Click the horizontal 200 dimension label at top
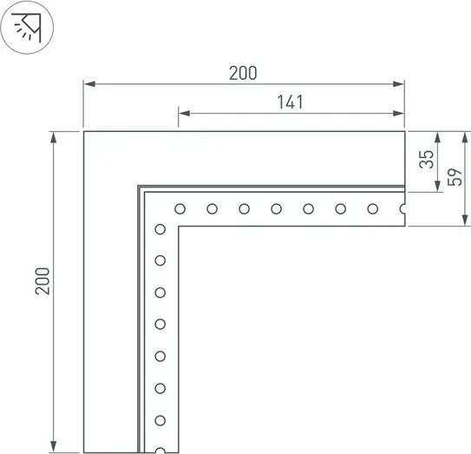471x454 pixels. coord(243,73)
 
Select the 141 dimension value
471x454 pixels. coord(291,102)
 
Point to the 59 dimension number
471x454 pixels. coord(452,178)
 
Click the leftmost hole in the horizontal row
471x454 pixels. coord(180,208)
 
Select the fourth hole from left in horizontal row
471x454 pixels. coord(276,208)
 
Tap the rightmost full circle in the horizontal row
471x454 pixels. coord(372,208)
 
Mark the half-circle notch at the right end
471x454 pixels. coord(402,208)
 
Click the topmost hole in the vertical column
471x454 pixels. coord(160,229)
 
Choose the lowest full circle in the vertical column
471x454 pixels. coord(160,420)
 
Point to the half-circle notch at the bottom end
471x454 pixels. coord(160,451)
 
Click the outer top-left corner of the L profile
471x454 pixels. coord(84,132)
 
